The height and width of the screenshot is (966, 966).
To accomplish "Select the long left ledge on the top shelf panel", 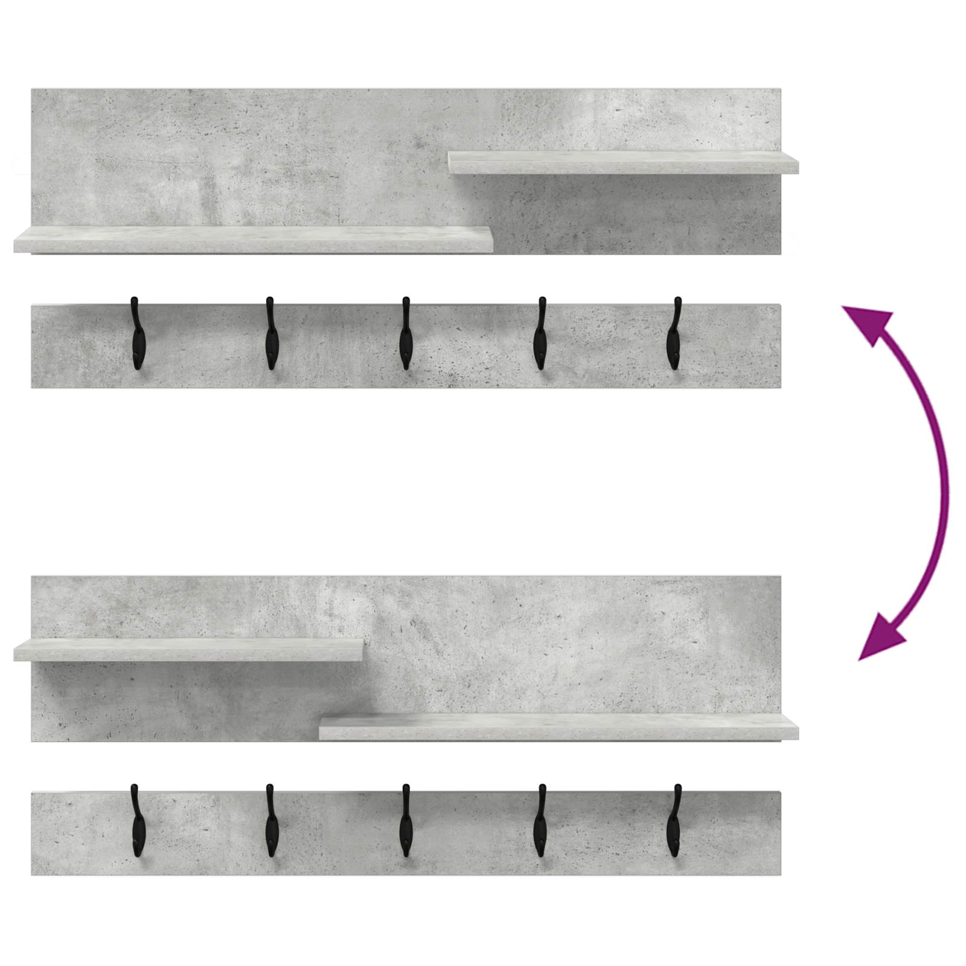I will [x=254, y=239].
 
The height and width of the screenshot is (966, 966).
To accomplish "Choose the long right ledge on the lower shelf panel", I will [x=558, y=726].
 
